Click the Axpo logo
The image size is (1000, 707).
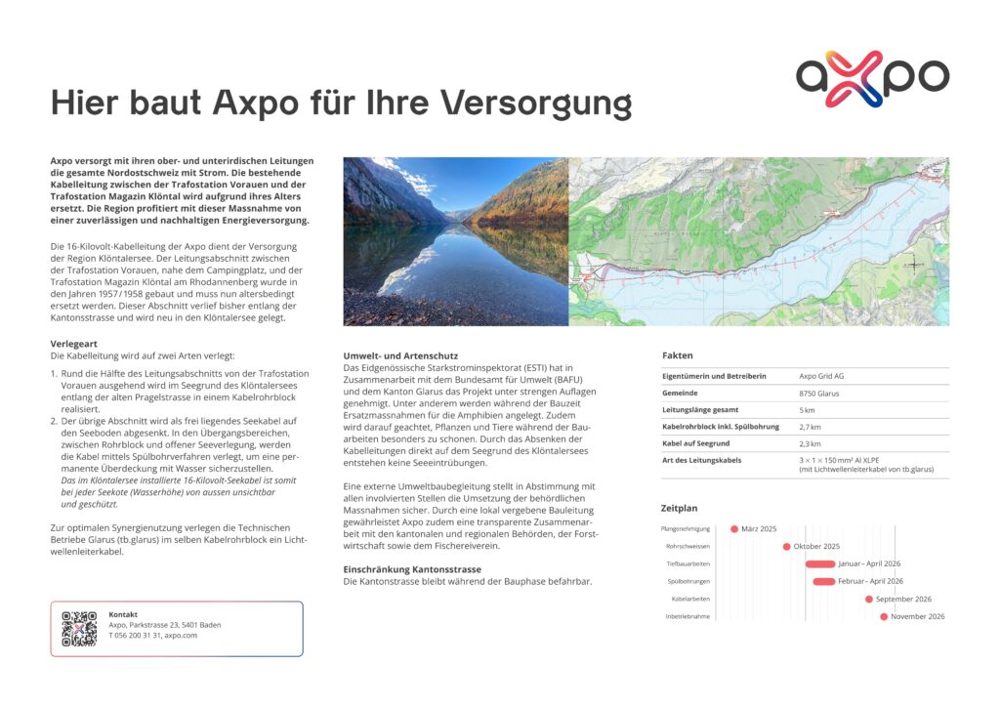click(872, 78)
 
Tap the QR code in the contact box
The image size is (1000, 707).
click(79, 629)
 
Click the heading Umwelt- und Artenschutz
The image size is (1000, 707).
click(400, 355)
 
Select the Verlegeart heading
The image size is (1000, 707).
click(72, 344)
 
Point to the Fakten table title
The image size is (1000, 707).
click(677, 355)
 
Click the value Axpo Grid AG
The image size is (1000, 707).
click(821, 376)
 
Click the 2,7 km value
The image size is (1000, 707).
click(810, 427)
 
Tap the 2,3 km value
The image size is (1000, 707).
click(810, 443)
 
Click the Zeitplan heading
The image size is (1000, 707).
click(680, 509)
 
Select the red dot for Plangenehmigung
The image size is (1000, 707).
click(734, 529)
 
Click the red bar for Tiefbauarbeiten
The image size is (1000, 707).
click(819, 564)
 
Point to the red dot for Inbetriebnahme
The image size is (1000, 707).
click(884, 616)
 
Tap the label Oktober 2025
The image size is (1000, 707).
click(816, 547)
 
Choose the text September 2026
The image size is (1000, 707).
click(903, 599)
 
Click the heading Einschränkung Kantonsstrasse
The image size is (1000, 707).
click(412, 568)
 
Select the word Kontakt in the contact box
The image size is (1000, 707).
click(123, 614)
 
